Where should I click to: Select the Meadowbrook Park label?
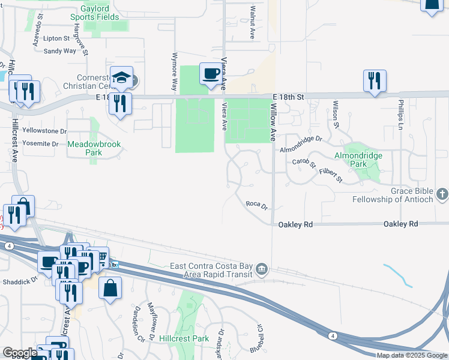tap(85, 148)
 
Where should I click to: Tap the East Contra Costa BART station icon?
tap(262, 269)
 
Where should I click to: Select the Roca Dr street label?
tap(256, 205)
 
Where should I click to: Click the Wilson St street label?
tap(336, 115)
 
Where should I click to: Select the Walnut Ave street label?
tap(253, 23)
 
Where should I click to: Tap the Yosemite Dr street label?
tap(40, 144)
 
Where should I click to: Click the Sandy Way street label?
tap(60, 51)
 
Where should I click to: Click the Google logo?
tap(20, 353)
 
